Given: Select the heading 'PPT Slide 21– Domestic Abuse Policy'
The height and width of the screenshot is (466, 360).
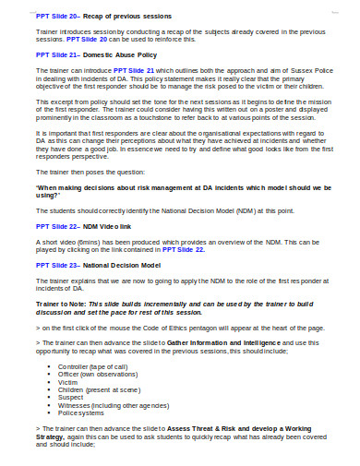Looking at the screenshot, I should click(x=85, y=55).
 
